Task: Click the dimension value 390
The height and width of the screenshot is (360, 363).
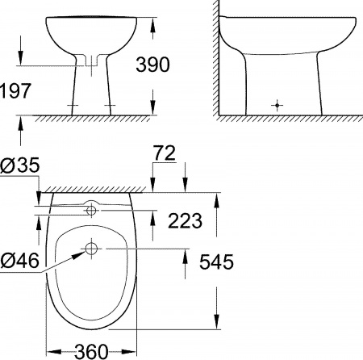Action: tap(152, 65)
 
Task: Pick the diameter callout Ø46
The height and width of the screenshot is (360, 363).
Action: tap(19, 262)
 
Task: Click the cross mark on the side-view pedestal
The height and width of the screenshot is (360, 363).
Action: tap(277, 104)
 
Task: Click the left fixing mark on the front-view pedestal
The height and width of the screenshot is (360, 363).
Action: tap(74, 106)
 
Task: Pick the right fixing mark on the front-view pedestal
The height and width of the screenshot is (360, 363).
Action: tap(109, 106)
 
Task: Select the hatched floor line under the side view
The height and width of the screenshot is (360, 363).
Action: tap(290, 118)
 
